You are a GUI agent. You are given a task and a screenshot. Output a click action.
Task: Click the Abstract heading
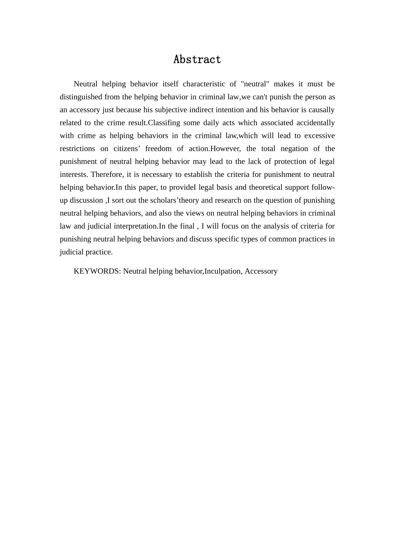(x=197, y=59)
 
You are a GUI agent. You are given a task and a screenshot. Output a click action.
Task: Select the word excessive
(x=320, y=135)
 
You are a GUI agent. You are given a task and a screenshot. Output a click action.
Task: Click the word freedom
(x=158, y=148)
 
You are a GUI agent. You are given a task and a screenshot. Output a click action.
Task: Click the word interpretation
(x=135, y=226)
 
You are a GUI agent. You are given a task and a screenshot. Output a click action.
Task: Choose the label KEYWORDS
(x=97, y=271)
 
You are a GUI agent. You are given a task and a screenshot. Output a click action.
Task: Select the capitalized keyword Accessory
(x=261, y=271)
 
